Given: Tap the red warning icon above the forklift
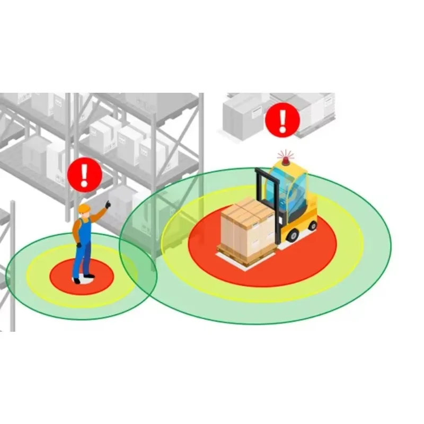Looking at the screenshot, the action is (282, 120).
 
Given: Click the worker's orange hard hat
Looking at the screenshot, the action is (83, 209).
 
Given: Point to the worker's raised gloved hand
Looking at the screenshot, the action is (108, 204).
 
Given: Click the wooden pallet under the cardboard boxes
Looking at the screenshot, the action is (246, 257).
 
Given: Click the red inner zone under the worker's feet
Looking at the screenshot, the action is (64, 276).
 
